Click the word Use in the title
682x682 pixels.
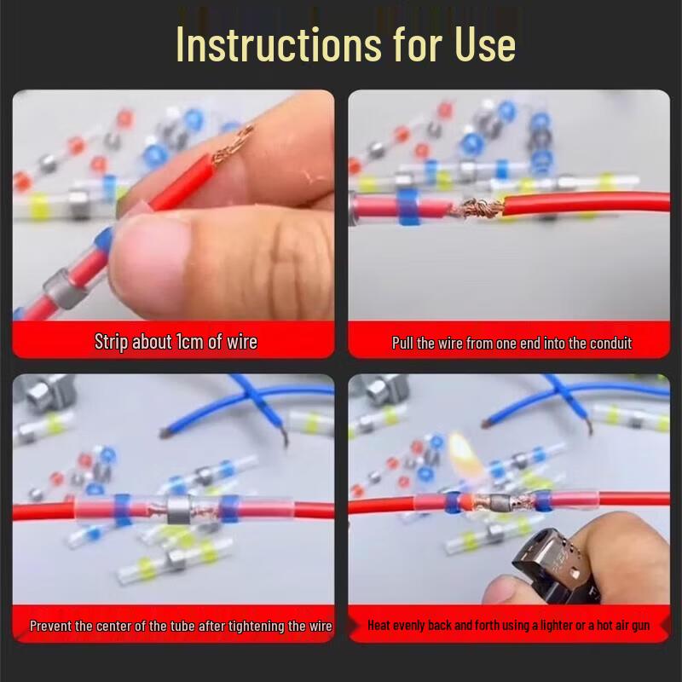pyautogui.click(x=482, y=44)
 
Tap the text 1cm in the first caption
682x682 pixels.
pyautogui.click(x=189, y=342)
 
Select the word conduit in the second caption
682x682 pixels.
pyautogui.click(x=607, y=343)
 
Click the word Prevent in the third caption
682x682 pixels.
pyautogui.click(x=50, y=626)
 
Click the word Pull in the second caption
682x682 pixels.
pyautogui.click(x=402, y=343)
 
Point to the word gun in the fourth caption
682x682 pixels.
pyautogui.click(x=639, y=626)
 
